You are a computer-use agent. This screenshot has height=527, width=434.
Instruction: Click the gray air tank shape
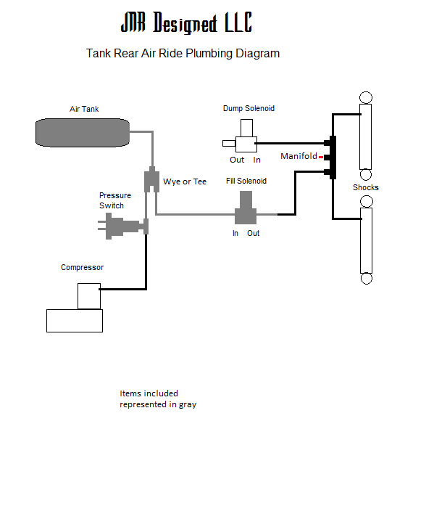click(83, 132)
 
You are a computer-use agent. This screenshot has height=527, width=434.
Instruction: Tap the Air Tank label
click(84, 109)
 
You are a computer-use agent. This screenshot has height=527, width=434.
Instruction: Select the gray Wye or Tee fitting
click(151, 179)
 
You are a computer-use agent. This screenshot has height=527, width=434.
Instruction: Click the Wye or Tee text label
click(185, 181)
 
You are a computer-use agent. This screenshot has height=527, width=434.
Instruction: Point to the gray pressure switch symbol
click(122, 226)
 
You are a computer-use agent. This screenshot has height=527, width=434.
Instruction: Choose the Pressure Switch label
click(115, 200)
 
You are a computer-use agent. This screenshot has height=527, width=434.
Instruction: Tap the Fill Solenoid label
click(246, 181)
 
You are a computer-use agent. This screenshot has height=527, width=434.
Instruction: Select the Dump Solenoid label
click(249, 108)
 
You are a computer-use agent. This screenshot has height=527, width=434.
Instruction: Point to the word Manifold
click(299, 156)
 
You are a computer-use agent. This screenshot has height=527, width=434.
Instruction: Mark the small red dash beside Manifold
click(321, 157)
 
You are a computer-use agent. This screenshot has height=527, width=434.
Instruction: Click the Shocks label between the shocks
click(366, 187)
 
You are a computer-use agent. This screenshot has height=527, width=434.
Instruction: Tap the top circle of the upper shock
click(366, 98)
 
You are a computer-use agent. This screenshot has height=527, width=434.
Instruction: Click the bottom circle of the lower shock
click(366, 278)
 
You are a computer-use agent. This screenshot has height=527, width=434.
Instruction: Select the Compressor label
click(82, 267)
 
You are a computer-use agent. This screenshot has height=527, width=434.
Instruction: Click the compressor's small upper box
click(89, 296)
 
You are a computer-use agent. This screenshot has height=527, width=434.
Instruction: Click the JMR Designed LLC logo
click(186, 23)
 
